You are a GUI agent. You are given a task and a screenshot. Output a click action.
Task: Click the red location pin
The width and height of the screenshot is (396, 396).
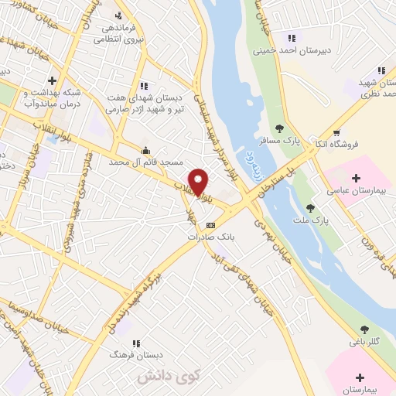[x=199, y=183]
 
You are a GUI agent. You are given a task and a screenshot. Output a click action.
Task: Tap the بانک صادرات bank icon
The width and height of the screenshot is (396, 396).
[x=211, y=224]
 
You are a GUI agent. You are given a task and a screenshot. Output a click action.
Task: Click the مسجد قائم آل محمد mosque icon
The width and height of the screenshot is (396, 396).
[x=145, y=150]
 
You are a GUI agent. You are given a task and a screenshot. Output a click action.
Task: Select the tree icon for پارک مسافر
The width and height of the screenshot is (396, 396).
[x=279, y=128]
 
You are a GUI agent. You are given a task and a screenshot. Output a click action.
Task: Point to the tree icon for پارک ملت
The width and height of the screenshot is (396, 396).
[x=310, y=208]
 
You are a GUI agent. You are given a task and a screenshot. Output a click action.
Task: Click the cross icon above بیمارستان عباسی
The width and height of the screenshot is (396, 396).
[x=356, y=179]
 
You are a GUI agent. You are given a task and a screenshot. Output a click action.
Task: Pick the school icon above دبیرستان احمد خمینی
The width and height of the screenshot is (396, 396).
[x=292, y=37]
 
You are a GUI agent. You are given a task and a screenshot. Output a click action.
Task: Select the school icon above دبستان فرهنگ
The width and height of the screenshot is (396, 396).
[x=136, y=343]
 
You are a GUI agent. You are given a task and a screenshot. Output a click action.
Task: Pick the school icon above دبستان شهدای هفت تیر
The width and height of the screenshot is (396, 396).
[x=143, y=86]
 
